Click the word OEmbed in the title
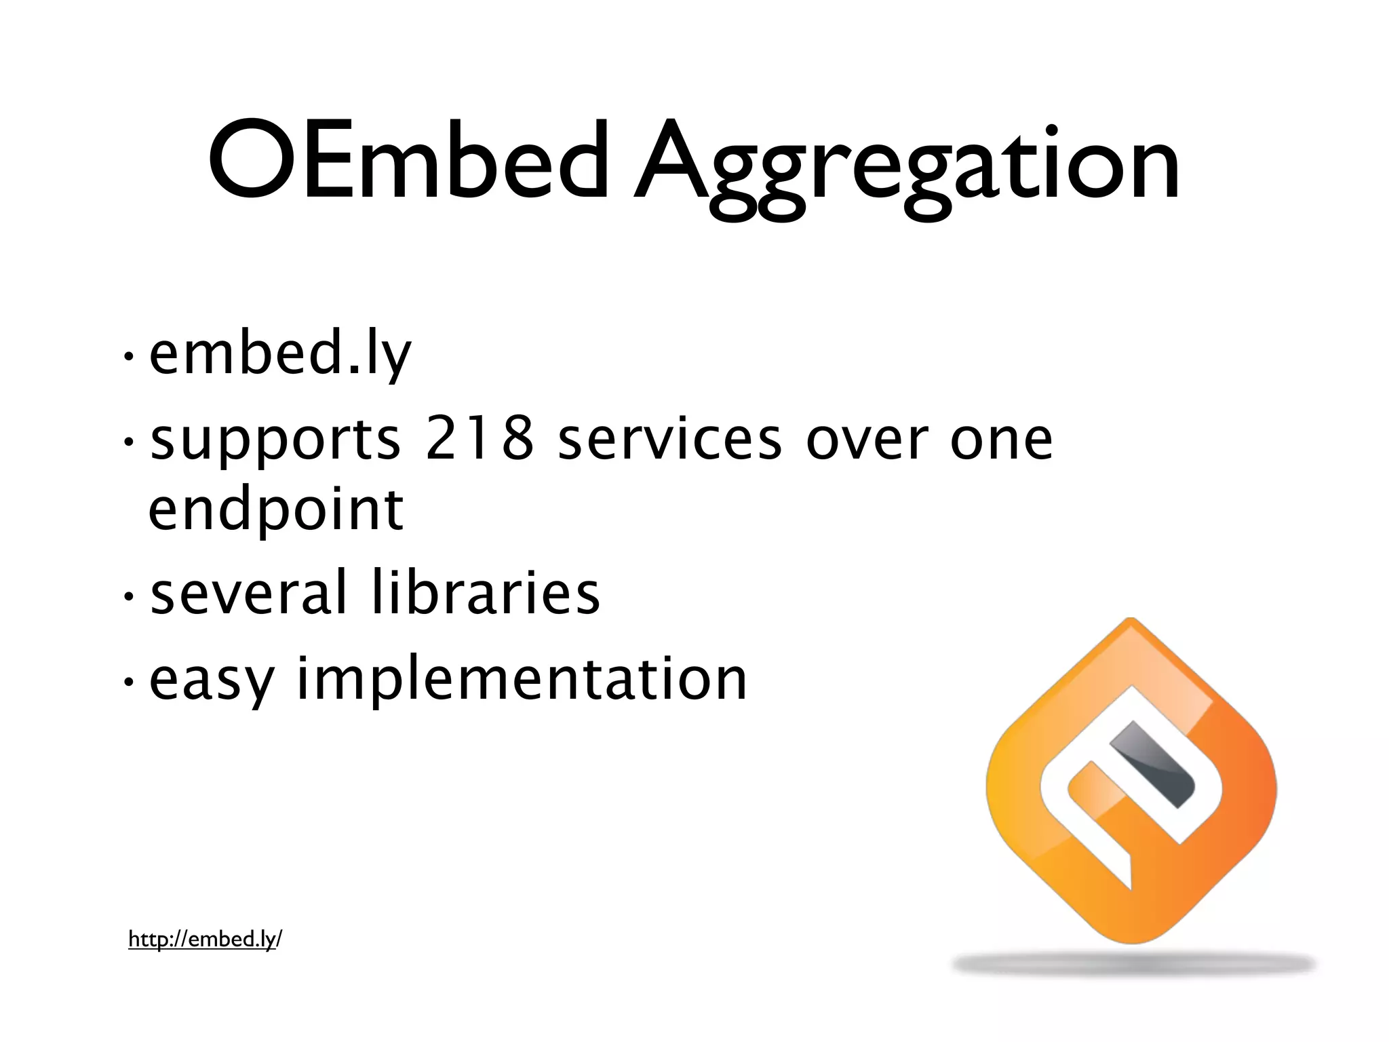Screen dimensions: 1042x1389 407,161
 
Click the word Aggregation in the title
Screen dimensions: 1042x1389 905,166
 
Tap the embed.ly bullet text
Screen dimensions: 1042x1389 280,354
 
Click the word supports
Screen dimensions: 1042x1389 275,442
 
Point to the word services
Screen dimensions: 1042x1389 669,439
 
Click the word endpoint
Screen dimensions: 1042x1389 275,511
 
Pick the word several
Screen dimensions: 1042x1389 248,592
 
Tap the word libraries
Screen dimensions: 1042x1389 486,592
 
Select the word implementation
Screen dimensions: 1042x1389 522,680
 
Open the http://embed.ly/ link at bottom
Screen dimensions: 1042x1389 205,940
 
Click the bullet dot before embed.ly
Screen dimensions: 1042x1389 128,357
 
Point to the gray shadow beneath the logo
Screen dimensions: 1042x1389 1133,964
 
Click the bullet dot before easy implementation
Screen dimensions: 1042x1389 128,682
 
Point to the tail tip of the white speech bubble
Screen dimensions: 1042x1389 1129,885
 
